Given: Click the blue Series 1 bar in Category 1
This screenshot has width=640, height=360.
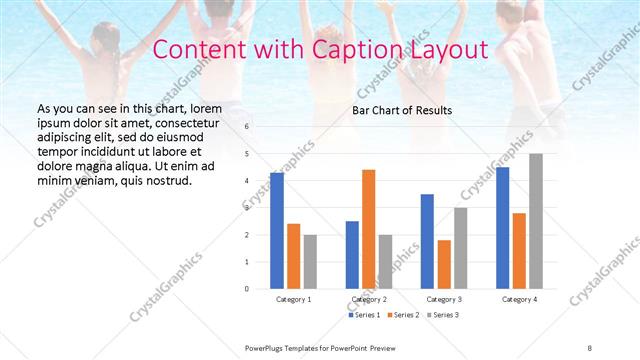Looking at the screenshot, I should (x=277, y=230).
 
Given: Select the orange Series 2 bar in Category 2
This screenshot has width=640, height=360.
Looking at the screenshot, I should (x=368, y=229).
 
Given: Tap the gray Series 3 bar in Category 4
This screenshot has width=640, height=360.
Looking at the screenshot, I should (x=536, y=221).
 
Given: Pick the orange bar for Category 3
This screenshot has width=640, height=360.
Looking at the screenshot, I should (x=444, y=264).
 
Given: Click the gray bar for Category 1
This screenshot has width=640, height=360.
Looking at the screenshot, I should (x=310, y=261).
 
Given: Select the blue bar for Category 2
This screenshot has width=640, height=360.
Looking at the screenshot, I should (x=352, y=254).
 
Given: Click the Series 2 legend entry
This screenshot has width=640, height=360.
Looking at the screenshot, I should (x=402, y=315).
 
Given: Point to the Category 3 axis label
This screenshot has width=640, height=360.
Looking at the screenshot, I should (x=444, y=299).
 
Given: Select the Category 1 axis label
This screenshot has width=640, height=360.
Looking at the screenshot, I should (x=294, y=299).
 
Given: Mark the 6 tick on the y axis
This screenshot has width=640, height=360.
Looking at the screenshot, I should (x=247, y=127).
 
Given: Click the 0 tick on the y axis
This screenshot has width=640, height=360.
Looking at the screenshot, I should (x=247, y=288).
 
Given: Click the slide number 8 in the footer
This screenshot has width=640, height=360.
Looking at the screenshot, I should (x=590, y=347).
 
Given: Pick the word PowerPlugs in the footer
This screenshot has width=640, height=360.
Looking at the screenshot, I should (x=266, y=347).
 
